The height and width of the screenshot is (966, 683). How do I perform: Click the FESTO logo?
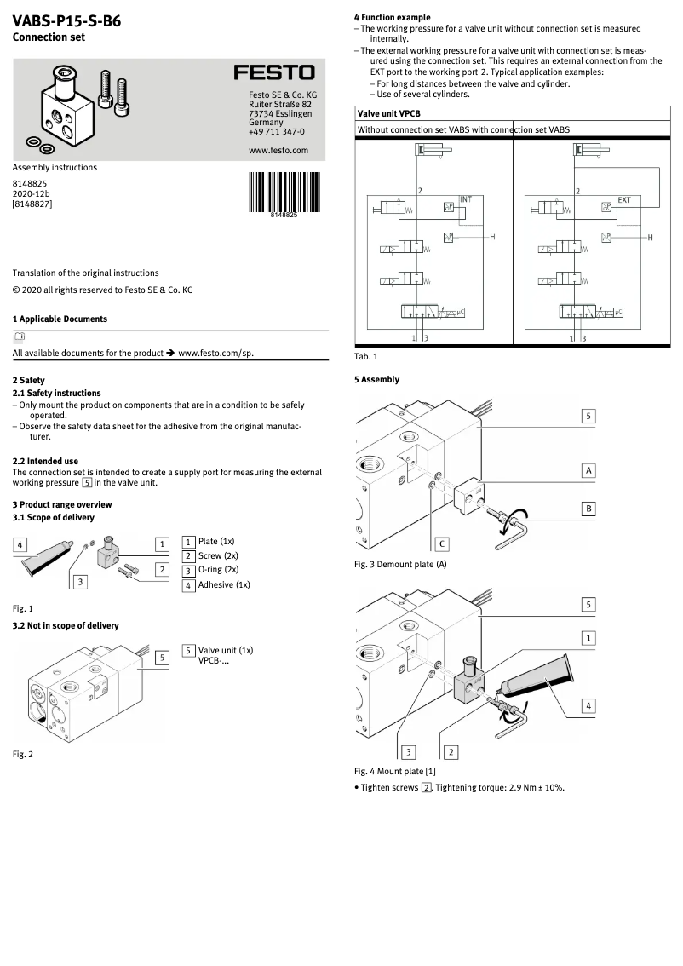tap(274, 73)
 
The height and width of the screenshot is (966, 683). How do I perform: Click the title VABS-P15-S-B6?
tap(66, 21)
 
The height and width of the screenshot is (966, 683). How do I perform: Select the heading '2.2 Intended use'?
tap(45, 461)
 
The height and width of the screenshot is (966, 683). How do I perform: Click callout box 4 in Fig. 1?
tap(20, 544)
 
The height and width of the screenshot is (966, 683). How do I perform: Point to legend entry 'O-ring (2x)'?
tap(218, 569)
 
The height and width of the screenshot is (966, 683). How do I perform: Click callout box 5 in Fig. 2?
tap(161, 657)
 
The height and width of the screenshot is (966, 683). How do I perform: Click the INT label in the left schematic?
tap(465, 199)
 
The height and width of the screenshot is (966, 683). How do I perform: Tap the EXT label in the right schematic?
tap(624, 200)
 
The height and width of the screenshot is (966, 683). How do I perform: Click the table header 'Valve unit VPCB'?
tap(388, 113)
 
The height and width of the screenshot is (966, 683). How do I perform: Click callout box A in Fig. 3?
tap(588, 470)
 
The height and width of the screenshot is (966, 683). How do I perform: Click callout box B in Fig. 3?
tap(588, 509)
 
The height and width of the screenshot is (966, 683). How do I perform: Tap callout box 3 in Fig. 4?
tap(409, 751)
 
